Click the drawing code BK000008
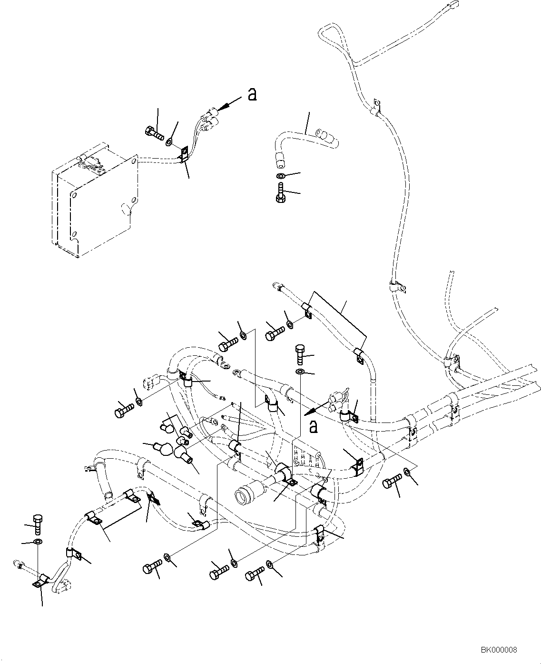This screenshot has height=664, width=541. pos(498,650)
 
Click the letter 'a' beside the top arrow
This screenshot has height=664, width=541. pos(252,94)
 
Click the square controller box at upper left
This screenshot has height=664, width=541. pos(93,200)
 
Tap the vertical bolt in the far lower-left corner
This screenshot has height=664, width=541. pos(38,524)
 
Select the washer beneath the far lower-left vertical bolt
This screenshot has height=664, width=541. pos(38,542)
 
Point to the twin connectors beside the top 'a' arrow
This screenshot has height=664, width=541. pos(208,119)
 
